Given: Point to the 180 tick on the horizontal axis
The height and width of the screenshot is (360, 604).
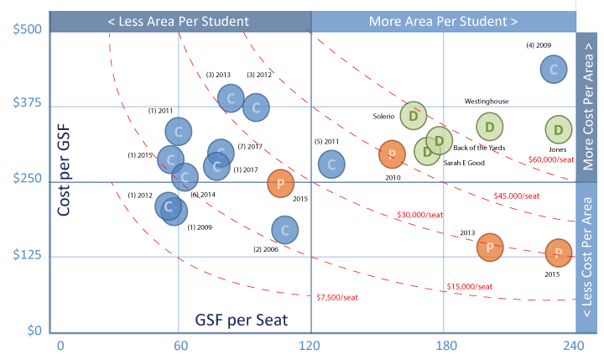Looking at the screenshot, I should (445, 345).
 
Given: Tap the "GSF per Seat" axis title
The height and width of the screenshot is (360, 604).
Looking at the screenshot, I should (242, 320).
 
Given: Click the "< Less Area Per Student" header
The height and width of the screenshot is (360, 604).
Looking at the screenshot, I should (179, 19).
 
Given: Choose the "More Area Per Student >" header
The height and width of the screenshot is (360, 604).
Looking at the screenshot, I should (443, 19).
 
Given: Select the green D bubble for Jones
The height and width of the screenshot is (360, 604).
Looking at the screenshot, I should (559, 130).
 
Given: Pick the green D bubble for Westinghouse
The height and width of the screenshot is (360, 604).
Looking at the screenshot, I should (489, 126).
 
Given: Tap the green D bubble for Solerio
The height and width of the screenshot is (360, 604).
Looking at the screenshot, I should (414, 116).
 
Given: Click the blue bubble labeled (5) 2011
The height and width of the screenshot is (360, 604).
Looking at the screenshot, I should (331, 164).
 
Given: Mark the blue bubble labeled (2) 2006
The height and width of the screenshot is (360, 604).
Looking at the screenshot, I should (285, 229).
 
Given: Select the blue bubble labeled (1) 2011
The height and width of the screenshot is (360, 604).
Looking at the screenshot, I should (179, 130).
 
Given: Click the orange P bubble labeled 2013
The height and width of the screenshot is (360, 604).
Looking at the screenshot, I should (489, 246).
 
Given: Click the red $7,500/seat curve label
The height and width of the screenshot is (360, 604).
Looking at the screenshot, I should (336, 296).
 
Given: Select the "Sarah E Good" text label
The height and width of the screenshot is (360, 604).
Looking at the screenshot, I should (464, 162).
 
